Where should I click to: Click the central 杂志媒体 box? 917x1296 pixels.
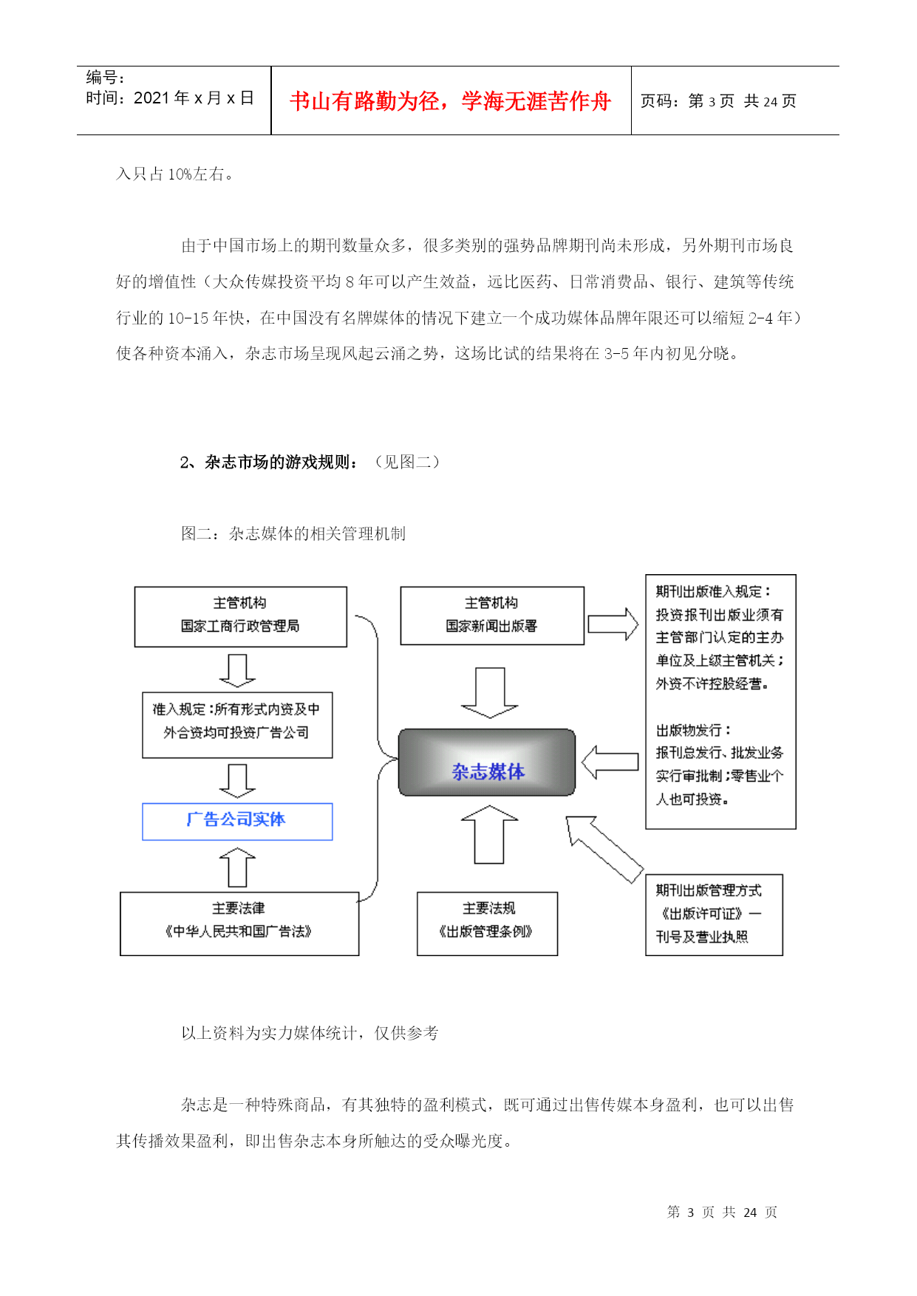(487, 762)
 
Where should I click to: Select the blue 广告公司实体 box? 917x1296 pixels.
(237, 821)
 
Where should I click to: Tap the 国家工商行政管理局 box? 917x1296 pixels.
(240, 617)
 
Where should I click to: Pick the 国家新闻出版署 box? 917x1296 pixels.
(492, 615)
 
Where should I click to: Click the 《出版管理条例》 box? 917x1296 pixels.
(487, 924)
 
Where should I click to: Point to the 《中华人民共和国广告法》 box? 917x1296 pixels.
(239, 924)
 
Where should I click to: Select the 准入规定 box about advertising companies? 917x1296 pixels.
(237, 725)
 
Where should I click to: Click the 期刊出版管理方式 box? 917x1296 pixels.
(714, 915)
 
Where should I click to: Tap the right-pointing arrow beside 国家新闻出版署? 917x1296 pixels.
(613, 624)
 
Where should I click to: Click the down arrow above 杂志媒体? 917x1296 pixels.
(489, 692)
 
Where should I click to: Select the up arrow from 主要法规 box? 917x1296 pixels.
(489, 834)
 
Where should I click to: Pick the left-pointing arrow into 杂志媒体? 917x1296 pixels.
(610, 763)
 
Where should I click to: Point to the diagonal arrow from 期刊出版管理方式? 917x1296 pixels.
(604, 848)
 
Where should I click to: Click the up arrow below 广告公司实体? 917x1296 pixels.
(237, 867)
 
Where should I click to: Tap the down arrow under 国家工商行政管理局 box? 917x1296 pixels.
(237, 670)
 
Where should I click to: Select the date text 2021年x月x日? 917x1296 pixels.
(194, 98)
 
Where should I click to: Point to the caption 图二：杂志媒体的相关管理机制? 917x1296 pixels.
(293, 533)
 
